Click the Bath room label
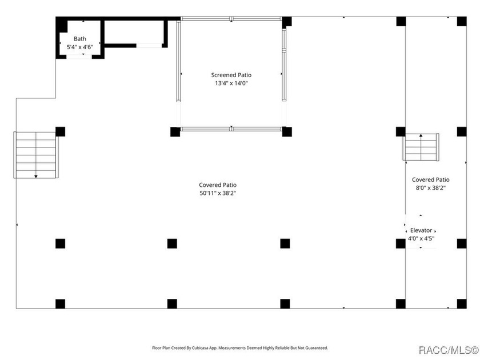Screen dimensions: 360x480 [80, 39]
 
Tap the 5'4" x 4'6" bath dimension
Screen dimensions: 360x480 [80, 47]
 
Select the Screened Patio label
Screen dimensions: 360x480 [231, 75]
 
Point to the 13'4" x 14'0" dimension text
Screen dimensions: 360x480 [231, 83]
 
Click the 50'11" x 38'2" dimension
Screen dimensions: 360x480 [217, 193]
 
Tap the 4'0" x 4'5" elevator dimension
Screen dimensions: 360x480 [421, 239]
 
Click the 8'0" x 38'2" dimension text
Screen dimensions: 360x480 [430, 188]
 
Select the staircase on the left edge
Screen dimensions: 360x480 [36, 155]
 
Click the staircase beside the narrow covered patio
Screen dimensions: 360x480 [421, 147]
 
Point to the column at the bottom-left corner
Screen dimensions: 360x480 [60, 303]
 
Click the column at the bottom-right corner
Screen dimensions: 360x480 [462, 303]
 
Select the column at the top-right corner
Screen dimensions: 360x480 [462, 22]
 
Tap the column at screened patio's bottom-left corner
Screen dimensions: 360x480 [175, 131]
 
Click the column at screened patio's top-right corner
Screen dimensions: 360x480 [287, 22]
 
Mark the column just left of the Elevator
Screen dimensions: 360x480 [401, 243]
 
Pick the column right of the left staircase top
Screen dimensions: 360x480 [60, 131]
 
